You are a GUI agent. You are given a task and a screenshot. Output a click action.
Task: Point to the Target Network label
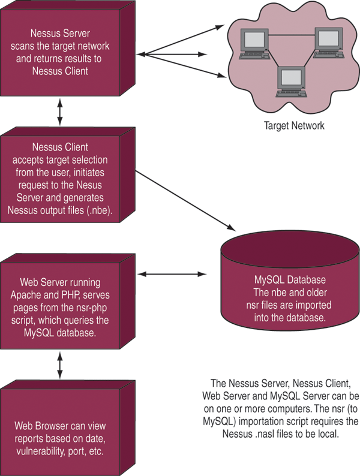point(294,126)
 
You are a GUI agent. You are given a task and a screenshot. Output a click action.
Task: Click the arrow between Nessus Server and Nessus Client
point(59,113)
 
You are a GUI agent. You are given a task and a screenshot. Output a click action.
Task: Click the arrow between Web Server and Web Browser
point(59,365)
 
